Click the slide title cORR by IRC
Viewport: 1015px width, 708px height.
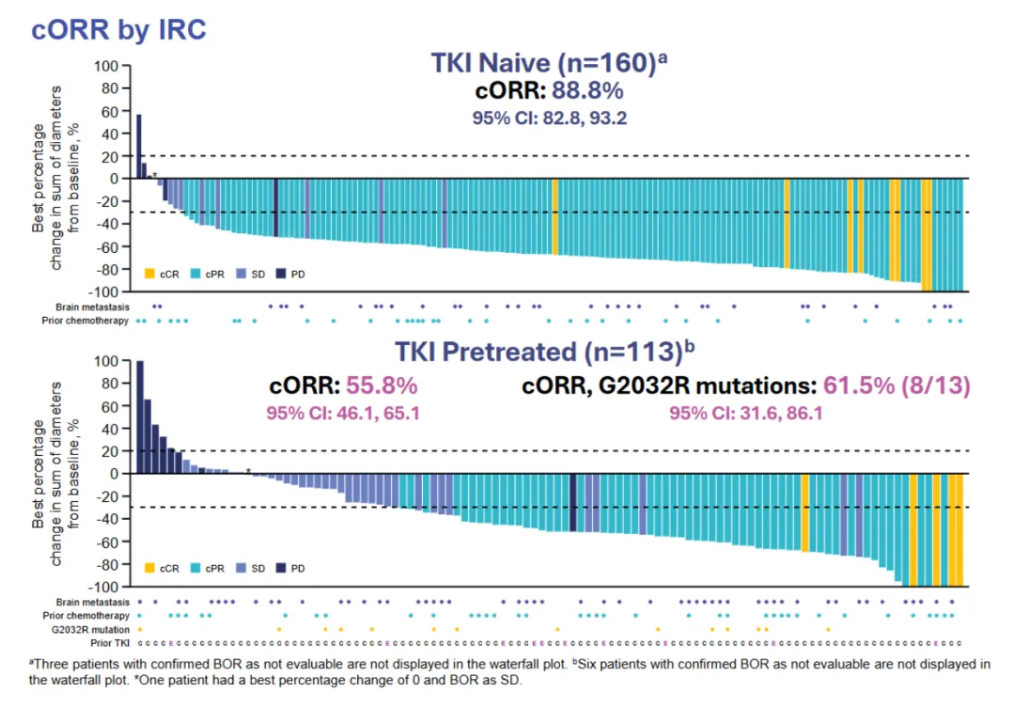click(x=118, y=28)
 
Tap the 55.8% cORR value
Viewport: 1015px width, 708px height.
click(x=381, y=385)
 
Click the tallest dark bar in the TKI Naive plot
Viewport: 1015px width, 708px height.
click(x=139, y=147)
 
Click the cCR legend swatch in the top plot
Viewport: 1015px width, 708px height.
click(x=148, y=274)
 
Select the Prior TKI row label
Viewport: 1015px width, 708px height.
click(x=111, y=643)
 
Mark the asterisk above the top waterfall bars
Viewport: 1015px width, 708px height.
click(x=155, y=175)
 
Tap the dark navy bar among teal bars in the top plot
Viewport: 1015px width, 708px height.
click(x=275, y=207)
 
